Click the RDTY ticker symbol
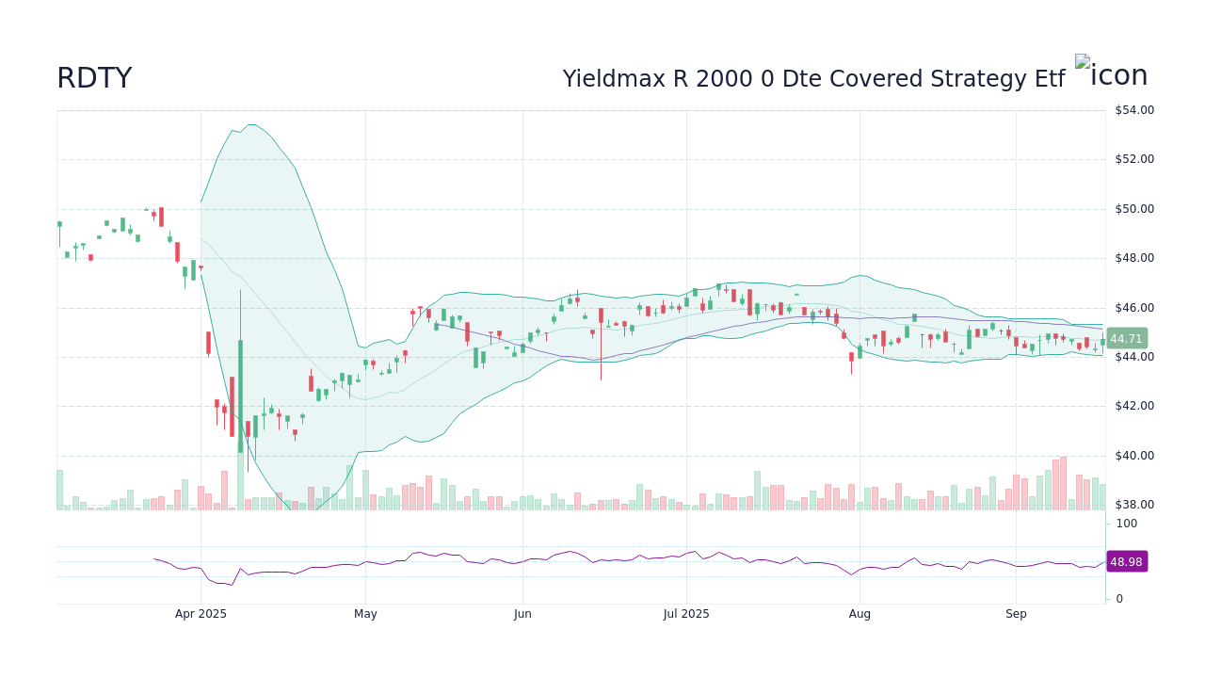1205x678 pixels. (x=94, y=78)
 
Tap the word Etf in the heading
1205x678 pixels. (x=1046, y=79)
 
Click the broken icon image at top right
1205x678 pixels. (x=1111, y=74)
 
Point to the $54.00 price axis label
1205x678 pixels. (x=1133, y=110)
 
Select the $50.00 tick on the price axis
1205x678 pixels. (x=1133, y=209)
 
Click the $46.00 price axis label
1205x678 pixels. (x=1133, y=308)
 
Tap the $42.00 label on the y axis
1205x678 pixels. (x=1133, y=406)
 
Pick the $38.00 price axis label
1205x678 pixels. (x=1133, y=505)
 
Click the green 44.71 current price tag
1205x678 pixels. (x=1125, y=339)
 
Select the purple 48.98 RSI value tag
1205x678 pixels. (x=1126, y=561)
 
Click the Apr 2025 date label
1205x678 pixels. (x=201, y=614)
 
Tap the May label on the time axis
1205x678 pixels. (x=365, y=614)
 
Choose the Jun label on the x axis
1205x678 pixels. (x=522, y=614)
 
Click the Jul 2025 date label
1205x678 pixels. (x=686, y=614)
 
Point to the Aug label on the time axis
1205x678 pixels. (x=860, y=614)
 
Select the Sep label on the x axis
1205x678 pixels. (x=1016, y=614)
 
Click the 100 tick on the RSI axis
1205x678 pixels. (x=1127, y=524)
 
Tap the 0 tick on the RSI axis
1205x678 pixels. (x=1119, y=599)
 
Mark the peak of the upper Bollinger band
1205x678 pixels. (x=249, y=124)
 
